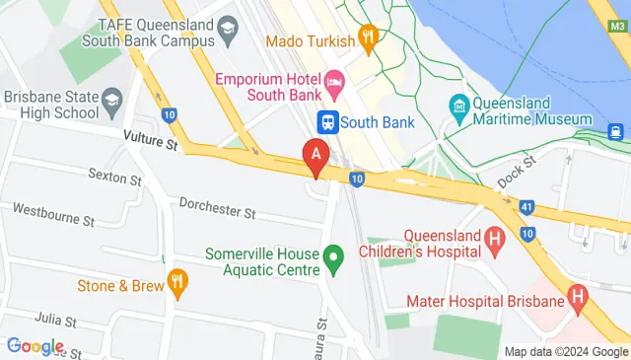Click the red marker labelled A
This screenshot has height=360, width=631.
[x=315, y=156]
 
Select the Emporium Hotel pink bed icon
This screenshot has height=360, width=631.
[x=333, y=79]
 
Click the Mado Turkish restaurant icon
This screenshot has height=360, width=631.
[x=370, y=37]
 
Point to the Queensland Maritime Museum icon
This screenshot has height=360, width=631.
[x=458, y=105]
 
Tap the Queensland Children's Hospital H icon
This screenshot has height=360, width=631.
[x=495, y=237]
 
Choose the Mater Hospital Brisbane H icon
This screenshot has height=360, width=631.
[x=578, y=296]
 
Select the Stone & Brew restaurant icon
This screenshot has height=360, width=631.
[x=177, y=282]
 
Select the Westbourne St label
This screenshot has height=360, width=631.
[x=53, y=211]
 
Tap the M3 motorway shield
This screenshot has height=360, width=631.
[x=617, y=27]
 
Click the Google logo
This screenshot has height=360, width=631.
[x=35, y=346]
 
